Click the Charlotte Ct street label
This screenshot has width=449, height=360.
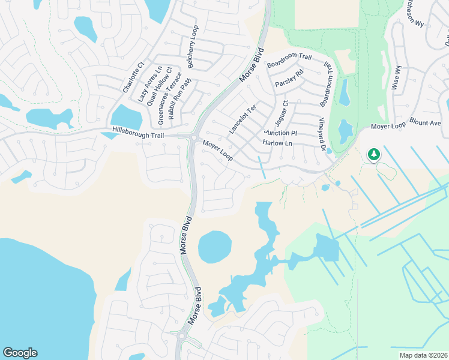(133, 77)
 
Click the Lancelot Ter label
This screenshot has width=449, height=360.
(242, 119)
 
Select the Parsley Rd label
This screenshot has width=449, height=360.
(289, 79)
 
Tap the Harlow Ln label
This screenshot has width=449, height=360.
(277, 143)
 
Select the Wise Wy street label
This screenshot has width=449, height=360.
(396, 78)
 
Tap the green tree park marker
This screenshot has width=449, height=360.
(374, 155)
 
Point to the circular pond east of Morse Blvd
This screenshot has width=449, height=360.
(215, 247)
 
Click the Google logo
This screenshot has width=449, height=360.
(20, 353)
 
